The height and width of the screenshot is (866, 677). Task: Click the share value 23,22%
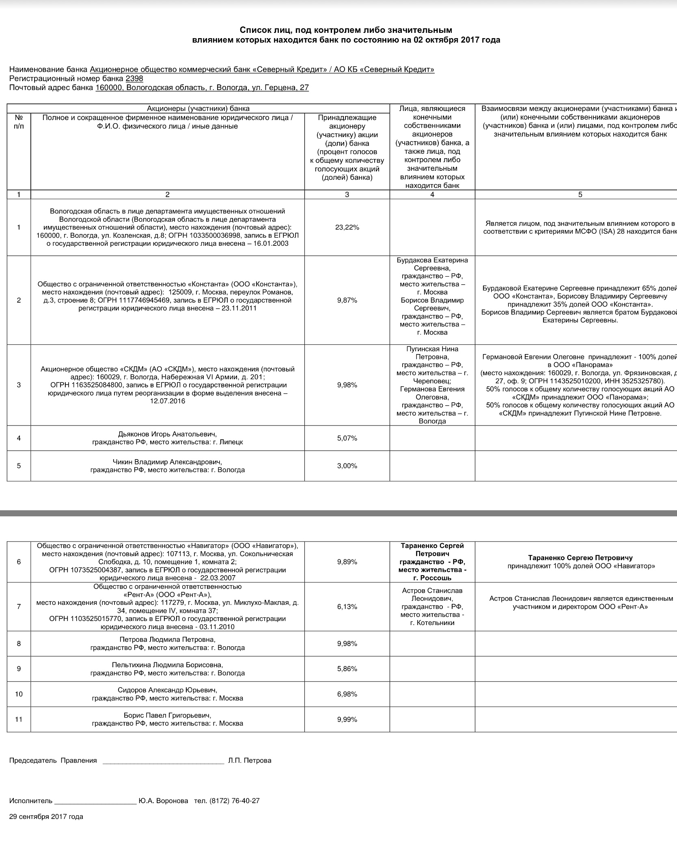347,228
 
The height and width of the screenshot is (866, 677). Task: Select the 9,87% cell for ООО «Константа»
347,300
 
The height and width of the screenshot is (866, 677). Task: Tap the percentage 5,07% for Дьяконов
347,438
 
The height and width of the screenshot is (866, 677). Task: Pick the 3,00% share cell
347,466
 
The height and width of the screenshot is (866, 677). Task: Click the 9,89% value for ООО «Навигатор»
347,562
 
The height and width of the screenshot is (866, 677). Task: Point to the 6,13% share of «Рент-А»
347,606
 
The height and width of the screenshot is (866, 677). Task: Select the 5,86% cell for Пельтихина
347,668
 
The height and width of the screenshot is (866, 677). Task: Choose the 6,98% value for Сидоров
347,694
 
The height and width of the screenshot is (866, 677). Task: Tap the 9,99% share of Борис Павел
347,719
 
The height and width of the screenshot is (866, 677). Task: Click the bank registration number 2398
134,79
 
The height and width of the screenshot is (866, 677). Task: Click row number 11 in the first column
19,719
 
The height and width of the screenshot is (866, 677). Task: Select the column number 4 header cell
432,195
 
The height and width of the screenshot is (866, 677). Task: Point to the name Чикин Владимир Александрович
167,462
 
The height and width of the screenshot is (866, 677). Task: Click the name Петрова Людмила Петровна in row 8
167,639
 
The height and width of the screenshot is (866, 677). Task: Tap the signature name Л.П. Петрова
250,761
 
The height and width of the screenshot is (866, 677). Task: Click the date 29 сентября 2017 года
46,817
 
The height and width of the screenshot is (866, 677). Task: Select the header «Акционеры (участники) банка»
198,108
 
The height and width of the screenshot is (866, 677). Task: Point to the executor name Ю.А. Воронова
163,801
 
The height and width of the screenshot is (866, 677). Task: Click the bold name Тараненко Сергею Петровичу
580,558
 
